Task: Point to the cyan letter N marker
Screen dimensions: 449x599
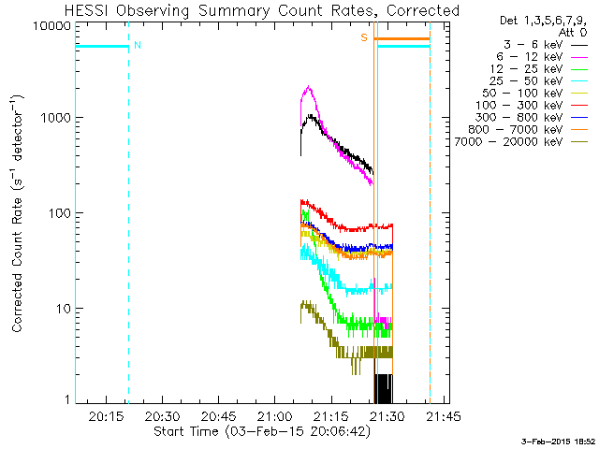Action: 138,45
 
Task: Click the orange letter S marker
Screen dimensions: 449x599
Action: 364,37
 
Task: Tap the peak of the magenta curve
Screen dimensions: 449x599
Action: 308,87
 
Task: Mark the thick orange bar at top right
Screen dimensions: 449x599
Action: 402,38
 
